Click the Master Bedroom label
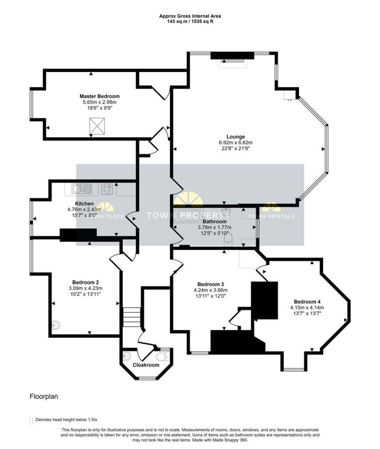(99, 96)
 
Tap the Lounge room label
(236, 137)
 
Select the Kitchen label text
(85, 203)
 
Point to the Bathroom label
(215, 221)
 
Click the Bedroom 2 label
(85, 282)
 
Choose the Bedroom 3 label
(211, 284)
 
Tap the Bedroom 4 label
(307, 302)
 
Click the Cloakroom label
(146, 365)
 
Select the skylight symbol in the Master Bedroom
(97, 126)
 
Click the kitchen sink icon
(82, 189)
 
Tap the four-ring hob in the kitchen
(107, 189)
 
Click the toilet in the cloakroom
(163, 357)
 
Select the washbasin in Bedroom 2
(56, 325)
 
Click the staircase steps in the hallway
(131, 317)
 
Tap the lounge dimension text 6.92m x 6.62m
(236, 143)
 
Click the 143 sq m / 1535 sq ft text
(190, 21)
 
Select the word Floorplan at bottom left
(44, 396)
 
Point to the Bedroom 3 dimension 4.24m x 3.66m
(211, 290)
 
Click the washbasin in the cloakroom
(127, 356)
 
